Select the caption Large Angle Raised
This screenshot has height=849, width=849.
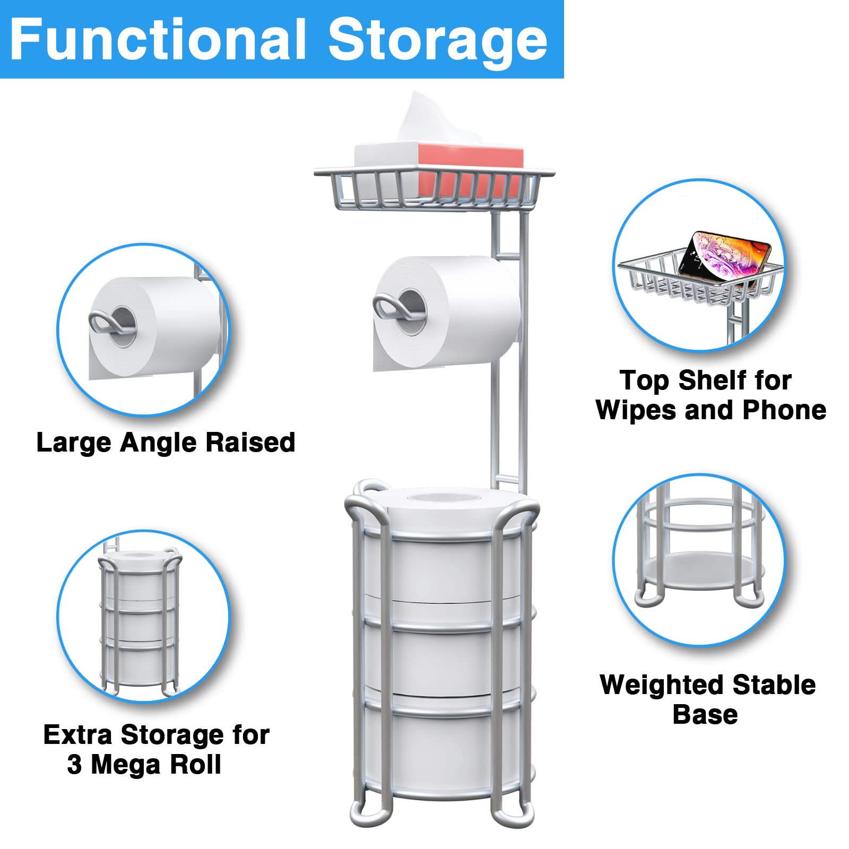pyautogui.click(x=166, y=443)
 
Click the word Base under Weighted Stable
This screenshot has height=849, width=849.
pyautogui.click(x=705, y=715)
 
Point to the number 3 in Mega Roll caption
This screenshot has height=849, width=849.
pyautogui.click(x=74, y=765)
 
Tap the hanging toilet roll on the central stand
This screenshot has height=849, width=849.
pyautogui.click(x=462, y=313)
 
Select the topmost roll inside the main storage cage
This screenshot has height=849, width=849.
pyautogui.click(x=440, y=562)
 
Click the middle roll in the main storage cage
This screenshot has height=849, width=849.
pyautogui.click(x=440, y=658)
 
